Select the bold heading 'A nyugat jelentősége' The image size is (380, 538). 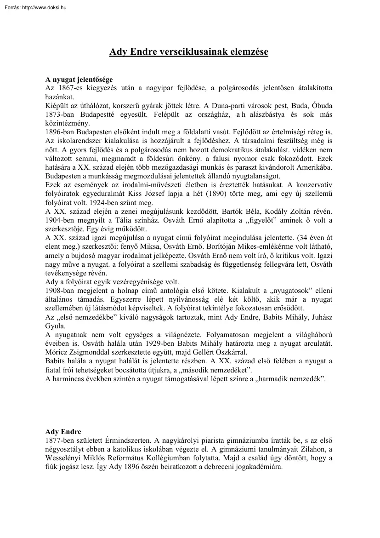(x=79, y=80)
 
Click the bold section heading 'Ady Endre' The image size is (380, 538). (x=63, y=431)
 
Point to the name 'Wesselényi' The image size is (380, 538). (x=65, y=458)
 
